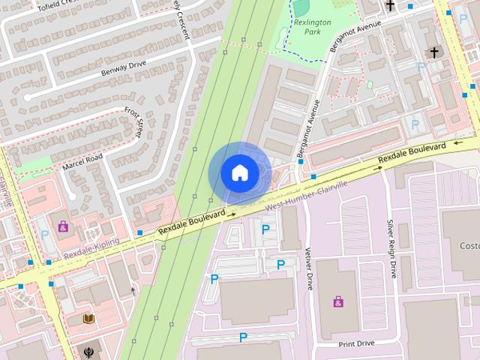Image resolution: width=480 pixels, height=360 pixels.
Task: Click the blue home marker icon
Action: coord(240,172)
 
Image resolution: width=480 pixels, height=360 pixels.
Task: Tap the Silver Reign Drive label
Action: coord(391,248)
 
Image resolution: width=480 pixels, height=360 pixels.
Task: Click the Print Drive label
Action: coord(356,343)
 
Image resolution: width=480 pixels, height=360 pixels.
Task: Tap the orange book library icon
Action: coord(89,319)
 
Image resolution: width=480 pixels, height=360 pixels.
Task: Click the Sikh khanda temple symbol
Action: coord(89,350)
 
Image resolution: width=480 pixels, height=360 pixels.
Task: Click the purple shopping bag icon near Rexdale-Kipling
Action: coord(63,225)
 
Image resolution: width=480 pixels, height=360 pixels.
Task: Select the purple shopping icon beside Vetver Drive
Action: coord(338,301)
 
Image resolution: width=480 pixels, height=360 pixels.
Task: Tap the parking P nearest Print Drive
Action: coord(243,337)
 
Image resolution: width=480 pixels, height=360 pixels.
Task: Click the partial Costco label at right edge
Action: coord(469,246)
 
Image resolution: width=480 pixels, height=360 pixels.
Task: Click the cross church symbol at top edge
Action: coord(390,6)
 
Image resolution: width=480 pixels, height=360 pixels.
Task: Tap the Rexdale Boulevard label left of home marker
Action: coord(191,224)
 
